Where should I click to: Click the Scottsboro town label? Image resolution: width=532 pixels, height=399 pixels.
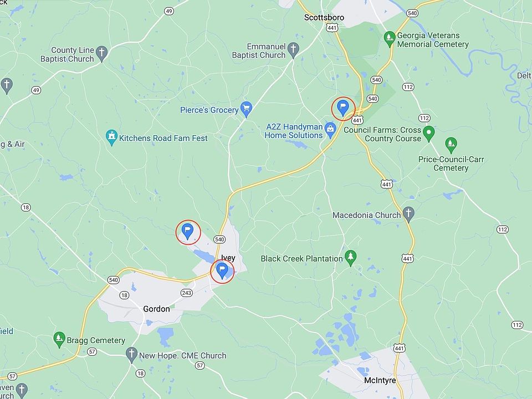click(324, 17)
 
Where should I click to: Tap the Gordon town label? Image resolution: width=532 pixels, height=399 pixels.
click(156, 309)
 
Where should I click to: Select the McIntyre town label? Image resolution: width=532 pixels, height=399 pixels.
click(380, 381)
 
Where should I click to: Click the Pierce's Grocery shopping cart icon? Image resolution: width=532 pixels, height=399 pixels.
click(247, 108)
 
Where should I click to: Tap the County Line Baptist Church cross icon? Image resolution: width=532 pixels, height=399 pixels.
click(101, 53)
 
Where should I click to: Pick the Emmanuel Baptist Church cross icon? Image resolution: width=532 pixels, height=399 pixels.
click(294, 50)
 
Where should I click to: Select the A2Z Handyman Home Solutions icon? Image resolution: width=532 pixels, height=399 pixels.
click(331, 130)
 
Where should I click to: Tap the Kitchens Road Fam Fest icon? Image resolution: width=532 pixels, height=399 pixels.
click(112, 137)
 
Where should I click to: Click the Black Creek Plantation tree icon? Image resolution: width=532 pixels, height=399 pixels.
click(350, 257)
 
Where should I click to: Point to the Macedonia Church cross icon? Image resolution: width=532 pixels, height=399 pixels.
click(408, 213)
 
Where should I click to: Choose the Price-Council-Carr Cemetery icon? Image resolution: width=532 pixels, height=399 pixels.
click(451, 145)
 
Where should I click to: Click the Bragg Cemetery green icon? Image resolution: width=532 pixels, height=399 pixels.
click(59, 339)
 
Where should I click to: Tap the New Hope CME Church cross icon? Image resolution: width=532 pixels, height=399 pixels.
click(131, 354)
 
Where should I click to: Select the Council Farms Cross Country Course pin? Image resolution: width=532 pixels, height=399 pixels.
click(428, 133)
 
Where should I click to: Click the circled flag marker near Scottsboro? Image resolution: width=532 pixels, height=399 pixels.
click(343, 108)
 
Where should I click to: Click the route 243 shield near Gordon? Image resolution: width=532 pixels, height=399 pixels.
click(187, 292)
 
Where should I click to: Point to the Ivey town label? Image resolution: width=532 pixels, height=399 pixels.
click(228, 258)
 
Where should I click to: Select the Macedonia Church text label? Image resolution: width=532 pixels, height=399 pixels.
click(366, 215)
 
